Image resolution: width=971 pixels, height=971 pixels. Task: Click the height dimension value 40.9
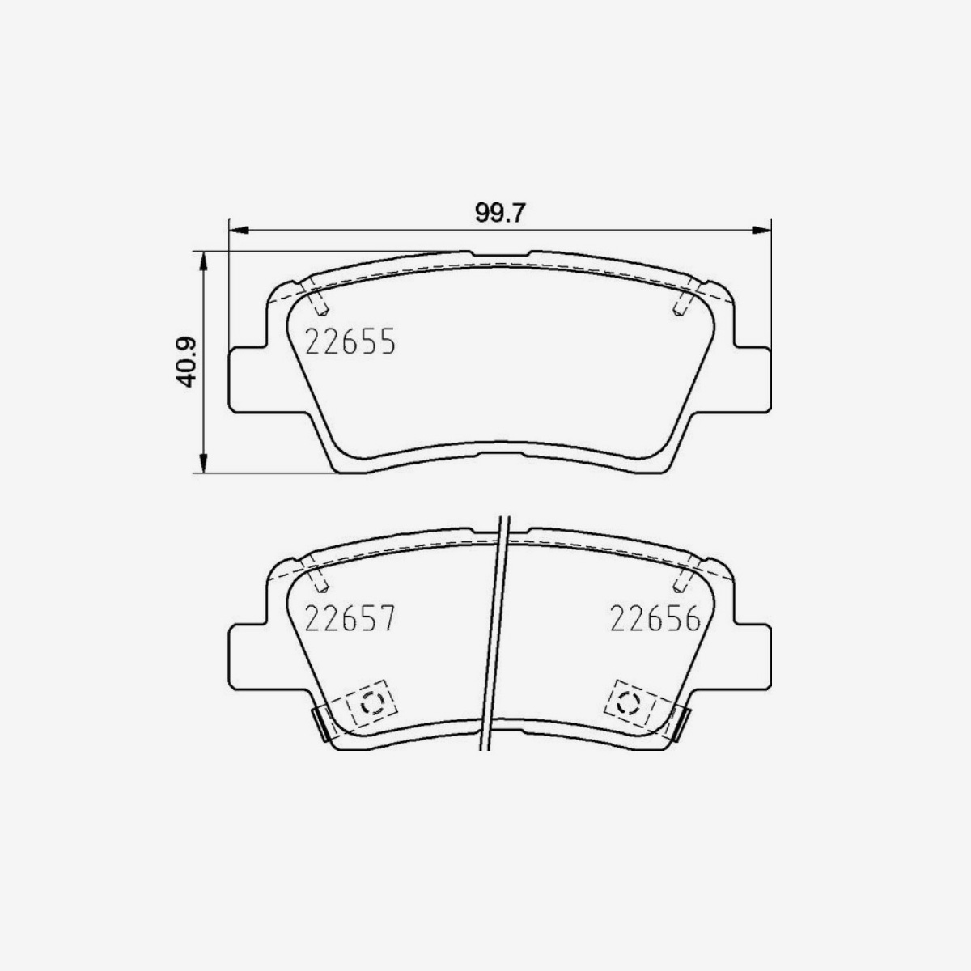click(188, 362)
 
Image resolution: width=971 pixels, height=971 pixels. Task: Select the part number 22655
click(350, 342)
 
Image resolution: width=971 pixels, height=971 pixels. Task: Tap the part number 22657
click(350, 621)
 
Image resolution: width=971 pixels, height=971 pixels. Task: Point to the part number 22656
click(654, 621)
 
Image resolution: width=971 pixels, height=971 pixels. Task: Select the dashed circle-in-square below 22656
click(629, 702)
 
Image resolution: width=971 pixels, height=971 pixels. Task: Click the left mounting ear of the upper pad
click(247, 378)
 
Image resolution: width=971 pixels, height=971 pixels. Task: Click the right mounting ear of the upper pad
click(754, 378)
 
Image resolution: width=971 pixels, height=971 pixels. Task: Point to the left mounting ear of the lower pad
click(247, 657)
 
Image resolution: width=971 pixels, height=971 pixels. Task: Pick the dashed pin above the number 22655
click(318, 302)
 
